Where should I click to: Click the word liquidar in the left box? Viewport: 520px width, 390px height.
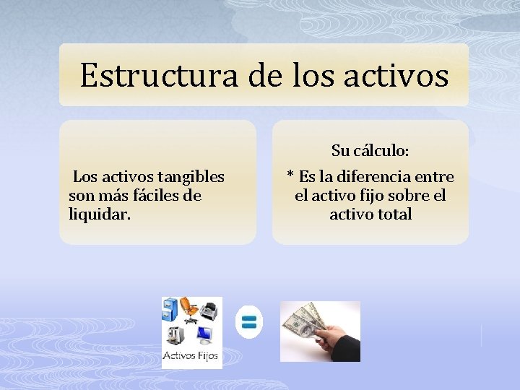pyautogui.click(x=99, y=214)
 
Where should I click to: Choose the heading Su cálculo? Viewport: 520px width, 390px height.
pyautogui.click(x=370, y=151)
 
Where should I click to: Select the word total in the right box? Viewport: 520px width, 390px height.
pyautogui.click(x=392, y=214)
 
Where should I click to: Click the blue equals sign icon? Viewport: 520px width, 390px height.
pyautogui.click(x=249, y=322)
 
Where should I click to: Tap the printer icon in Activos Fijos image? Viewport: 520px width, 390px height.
pyautogui.click(x=209, y=311)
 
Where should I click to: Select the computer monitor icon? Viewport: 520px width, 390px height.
pyautogui.click(x=204, y=335)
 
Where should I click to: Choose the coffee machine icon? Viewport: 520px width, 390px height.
pyautogui.click(x=174, y=335)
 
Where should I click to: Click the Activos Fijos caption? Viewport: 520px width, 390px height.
pyautogui.click(x=191, y=356)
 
